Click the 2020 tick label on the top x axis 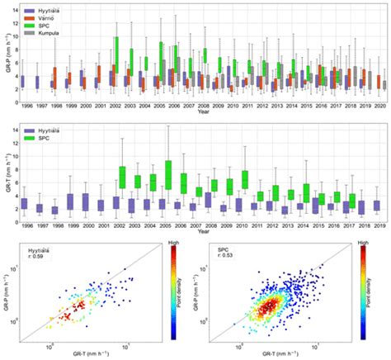tap(379, 107)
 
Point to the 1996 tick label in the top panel tap(28, 107)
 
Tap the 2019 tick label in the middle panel tap(376, 225)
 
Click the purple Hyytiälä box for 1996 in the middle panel tap(25, 203)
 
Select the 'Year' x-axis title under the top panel tap(203, 114)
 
